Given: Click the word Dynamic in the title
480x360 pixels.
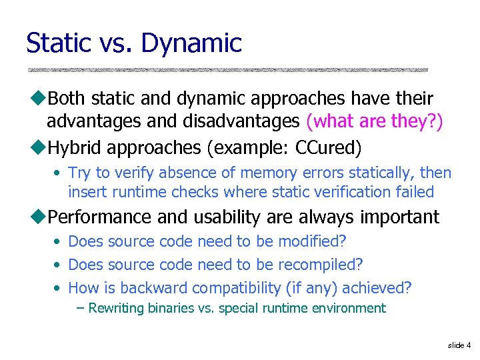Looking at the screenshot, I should point(192,43).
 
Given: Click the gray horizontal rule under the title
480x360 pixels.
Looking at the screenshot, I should point(227,69).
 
